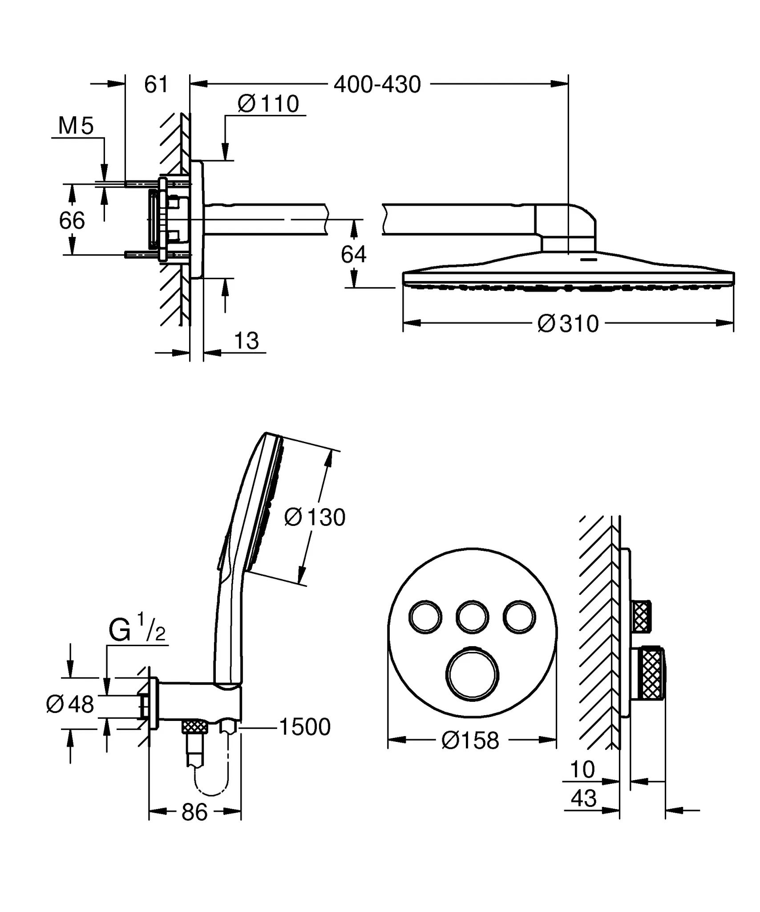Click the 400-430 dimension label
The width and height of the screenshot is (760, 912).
pyautogui.click(x=377, y=84)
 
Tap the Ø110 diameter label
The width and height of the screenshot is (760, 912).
pyautogui.click(x=268, y=104)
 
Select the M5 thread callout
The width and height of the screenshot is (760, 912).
pyautogui.click(x=76, y=126)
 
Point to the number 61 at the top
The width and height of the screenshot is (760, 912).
pyautogui.click(x=156, y=84)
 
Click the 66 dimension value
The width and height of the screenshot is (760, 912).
pyautogui.click(x=72, y=220)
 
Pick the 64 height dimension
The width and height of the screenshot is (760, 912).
pyautogui.click(x=354, y=255)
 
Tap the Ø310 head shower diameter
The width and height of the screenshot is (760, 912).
pyautogui.click(x=568, y=324)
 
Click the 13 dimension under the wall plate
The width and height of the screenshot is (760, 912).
pyautogui.click(x=246, y=341)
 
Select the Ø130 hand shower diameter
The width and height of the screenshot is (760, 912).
pyautogui.click(x=315, y=517)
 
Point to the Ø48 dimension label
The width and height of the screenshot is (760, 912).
pyautogui.click(x=70, y=704)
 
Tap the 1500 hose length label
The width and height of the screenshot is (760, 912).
pyautogui.click(x=305, y=727)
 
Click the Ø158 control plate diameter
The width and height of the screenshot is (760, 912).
pyautogui.click(x=470, y=741)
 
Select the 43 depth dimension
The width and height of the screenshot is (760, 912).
pyautogui.click(x=584, y=798)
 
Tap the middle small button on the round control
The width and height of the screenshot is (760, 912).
pyautogui.click(x=472, y=617)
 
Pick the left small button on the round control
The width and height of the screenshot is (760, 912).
pyautogui.click(x=425, y=617)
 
